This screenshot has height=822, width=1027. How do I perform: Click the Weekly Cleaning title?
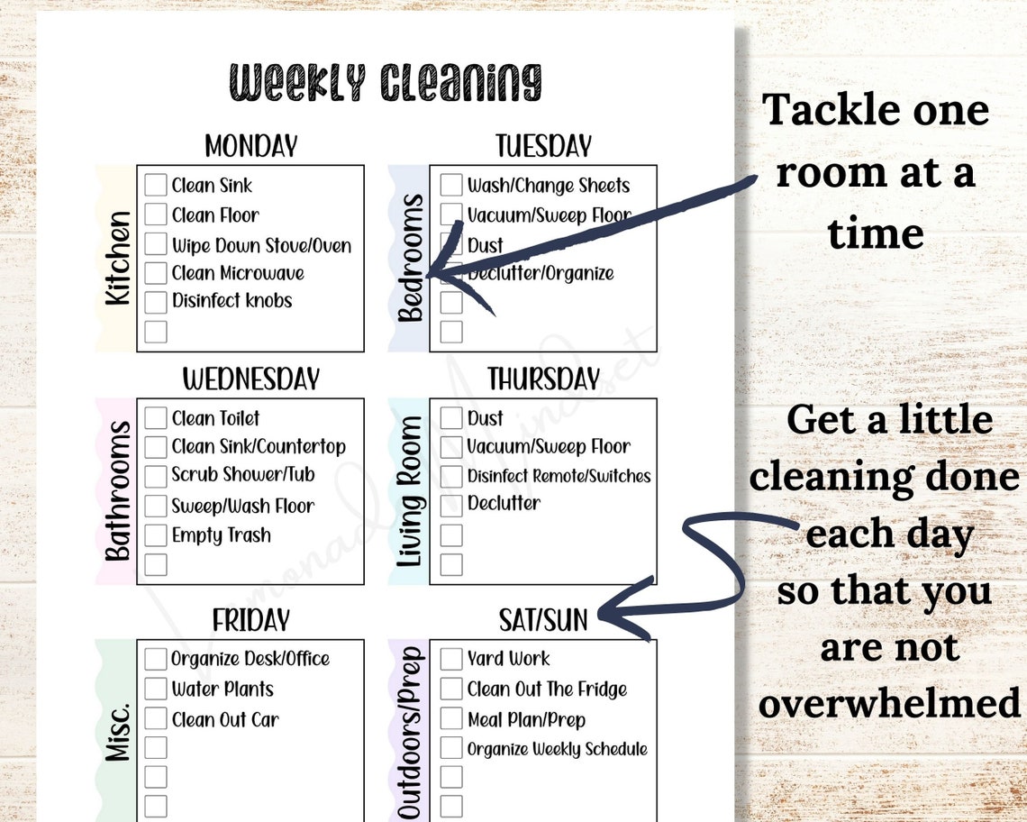coord(386,83)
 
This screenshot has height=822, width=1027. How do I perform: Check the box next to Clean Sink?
coord(156,185)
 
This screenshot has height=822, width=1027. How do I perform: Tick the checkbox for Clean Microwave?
coord(156,272)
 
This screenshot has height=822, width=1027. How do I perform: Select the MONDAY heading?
coord(250,146)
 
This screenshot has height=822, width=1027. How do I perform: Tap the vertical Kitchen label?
coord(118,259)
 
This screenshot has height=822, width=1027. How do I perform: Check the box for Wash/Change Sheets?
coord(451,185)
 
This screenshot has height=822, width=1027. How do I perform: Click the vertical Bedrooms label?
coord(411,259)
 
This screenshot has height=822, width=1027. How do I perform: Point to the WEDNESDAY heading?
coord(250,379)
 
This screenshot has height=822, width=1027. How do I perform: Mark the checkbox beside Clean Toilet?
coord(156,418)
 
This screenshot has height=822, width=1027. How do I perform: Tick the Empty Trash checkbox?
coord(156,535)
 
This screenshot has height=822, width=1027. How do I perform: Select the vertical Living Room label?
coord(411,492)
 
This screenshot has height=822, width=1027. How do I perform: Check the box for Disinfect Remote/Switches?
coord(451,476)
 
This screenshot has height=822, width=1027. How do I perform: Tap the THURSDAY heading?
coord(543,379)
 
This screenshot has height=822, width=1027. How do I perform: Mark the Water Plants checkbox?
coord(156,690)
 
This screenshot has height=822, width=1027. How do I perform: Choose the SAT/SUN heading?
coord(543,620)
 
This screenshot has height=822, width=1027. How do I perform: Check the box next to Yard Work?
coord(451,659)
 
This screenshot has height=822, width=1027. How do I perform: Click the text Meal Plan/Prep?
coord(526,719)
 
